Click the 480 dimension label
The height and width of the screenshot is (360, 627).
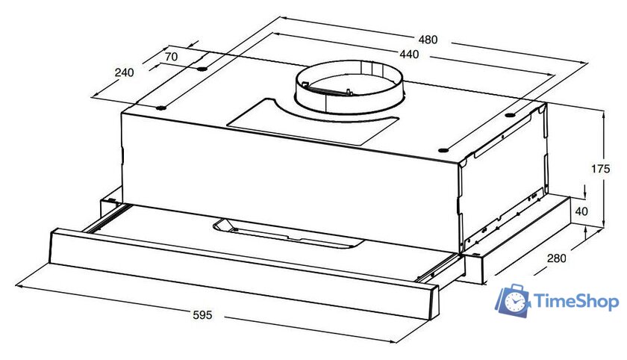coord(428,40)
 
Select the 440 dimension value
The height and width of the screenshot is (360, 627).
coord(409,54)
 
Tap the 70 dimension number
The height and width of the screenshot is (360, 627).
coord(171,57)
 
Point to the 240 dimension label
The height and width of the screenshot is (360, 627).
coord(125,72)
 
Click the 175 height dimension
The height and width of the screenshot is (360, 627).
coord(601,169)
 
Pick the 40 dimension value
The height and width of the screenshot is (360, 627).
coord(581,211)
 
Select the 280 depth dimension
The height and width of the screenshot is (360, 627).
coord(557,258)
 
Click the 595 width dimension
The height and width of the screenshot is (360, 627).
coord(203,315)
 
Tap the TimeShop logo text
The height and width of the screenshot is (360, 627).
coord(576,302)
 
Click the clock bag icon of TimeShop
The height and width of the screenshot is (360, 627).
coord(513,301)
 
